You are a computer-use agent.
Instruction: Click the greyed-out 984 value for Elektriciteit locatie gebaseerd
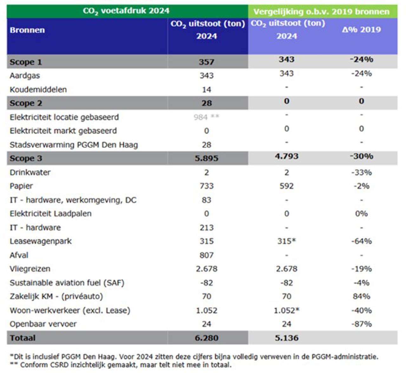coord(201,117)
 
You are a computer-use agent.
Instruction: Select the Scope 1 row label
coord(26,62)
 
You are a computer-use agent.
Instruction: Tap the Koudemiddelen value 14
coord(206,90)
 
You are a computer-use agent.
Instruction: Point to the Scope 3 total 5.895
coord(206,158)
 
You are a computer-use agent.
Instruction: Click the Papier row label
coord(21,186)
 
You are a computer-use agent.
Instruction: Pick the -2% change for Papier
coord(361,186)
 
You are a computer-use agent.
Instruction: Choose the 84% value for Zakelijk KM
coord(361,296)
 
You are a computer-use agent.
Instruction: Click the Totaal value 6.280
coord(206,338)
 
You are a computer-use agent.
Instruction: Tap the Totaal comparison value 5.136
coord(286,338)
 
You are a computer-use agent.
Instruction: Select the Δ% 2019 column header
coord(361,30)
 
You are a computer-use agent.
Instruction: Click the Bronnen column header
coord(27,30)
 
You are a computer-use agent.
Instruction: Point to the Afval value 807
coord(206,255)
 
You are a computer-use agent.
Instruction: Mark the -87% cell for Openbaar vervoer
coord(361,324)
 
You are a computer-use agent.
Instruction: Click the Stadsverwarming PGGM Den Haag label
coord(74,145)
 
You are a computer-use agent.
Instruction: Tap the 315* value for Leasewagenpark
coord(286,241)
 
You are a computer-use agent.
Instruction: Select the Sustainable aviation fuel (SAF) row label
coord(67,283)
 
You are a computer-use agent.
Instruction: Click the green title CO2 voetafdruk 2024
coord(126,11)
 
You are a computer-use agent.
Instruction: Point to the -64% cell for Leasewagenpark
coord(361,241)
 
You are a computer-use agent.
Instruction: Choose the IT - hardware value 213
coord(206,227)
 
